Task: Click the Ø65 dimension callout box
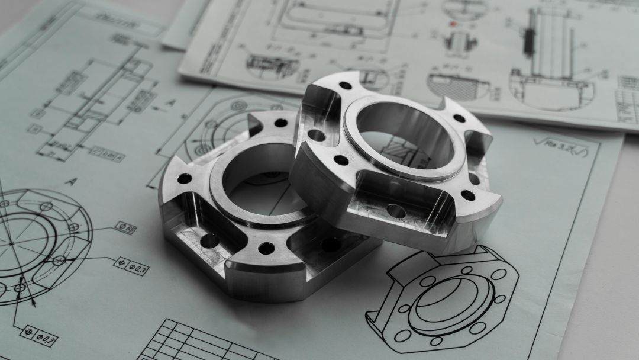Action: pos(126,228)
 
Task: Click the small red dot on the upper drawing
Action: pos(454,24)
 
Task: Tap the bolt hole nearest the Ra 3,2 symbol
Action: pos(459,118)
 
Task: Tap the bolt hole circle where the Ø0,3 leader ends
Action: pos(59,261)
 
